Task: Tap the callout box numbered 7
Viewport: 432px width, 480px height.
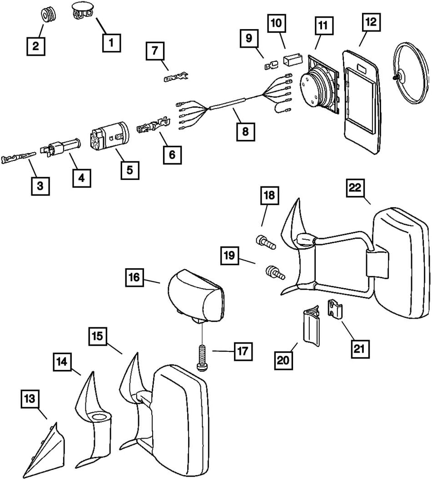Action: point(155,51)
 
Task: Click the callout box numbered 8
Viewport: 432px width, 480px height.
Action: point(245,131)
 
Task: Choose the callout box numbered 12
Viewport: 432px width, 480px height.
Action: point(371,23)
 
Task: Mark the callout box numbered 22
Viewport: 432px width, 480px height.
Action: point(355,188)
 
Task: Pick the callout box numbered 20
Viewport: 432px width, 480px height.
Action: point(283,361)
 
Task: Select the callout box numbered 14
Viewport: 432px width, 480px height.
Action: point(62,363)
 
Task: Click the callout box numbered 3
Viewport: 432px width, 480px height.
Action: point(40,186)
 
